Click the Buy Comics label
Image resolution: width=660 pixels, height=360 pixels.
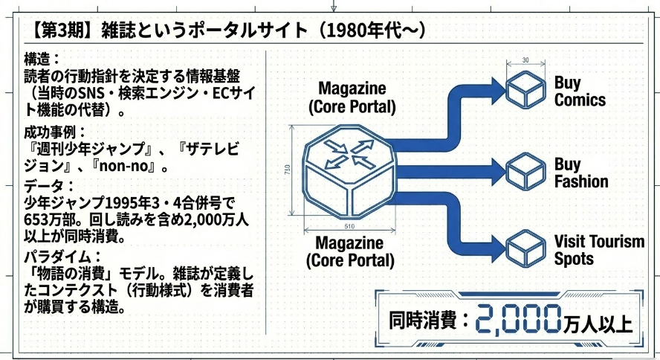tap(580, 91)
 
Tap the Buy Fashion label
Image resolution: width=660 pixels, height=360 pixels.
tap(581, 173)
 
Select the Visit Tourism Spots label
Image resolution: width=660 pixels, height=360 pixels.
tap(599, 249)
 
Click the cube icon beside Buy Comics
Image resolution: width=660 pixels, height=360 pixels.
tap(525, 89)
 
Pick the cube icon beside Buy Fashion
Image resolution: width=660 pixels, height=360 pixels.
tap(525, 170)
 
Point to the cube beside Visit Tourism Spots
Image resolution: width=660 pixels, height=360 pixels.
tap(525, 248)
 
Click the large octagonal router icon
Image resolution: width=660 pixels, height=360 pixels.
tap(350, 171)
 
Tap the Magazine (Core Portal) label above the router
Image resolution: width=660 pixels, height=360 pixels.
tap(352, 97)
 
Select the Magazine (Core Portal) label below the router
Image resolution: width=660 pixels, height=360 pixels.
tap(350, 251)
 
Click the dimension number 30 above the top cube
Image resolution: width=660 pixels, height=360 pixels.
tap(525, 60)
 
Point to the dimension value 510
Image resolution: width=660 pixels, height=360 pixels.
tap(349, 226)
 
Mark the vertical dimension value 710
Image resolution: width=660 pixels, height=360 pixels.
tap(288, 170)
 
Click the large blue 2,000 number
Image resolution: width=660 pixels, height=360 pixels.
tap(519, 320)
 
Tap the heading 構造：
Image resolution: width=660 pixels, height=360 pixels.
tap(42, 59)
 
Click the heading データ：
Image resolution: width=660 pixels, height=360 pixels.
tap(49, 186)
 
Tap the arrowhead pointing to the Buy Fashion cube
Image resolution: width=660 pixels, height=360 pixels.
tap(499, 171)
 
